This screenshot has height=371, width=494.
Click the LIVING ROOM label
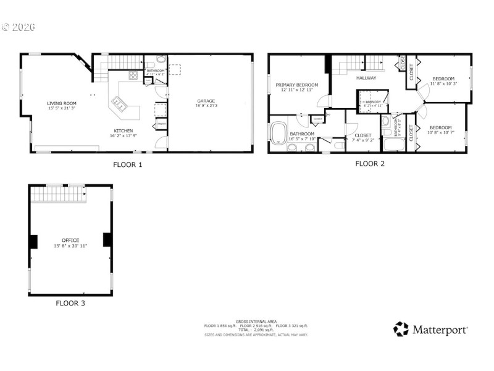(62, 103)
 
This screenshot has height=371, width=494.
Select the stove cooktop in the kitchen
(133, 75)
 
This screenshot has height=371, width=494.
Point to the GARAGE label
(206, 101)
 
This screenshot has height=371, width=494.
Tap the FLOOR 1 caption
(128, 164)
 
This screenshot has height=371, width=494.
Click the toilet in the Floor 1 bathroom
(161, 60)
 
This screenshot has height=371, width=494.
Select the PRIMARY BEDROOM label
(296, 85)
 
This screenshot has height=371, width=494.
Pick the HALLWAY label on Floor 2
(366, 78)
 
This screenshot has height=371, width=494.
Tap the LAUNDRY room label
(374, 101)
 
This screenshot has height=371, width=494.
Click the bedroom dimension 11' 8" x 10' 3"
(443, 83)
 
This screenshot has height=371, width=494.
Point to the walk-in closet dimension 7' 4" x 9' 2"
(362, 140)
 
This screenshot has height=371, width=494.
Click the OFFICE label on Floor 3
(70, 240)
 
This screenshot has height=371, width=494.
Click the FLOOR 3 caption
(70, 303)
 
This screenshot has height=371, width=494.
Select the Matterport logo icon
(401, 329)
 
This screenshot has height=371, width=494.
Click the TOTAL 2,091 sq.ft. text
(256, 330)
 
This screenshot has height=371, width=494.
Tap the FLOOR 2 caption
(370, 164)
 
